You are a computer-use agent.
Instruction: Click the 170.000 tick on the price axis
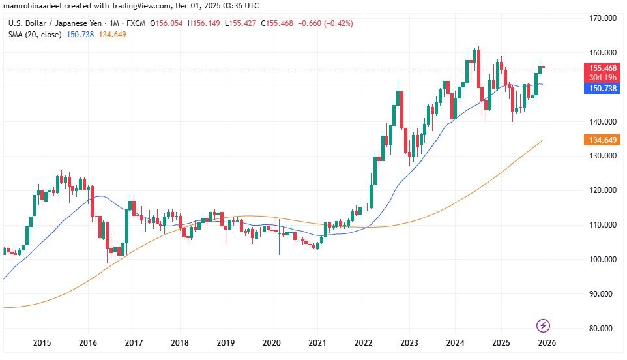pos(603,18)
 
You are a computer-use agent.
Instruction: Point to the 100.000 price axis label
pos(603,260)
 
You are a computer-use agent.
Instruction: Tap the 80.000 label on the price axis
pos(603,329)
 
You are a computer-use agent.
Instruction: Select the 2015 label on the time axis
pos(42,343)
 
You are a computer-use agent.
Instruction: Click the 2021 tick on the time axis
pos(317,343)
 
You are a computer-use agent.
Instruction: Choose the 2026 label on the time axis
pos(547,343)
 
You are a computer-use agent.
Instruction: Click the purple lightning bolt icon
pos(543,325)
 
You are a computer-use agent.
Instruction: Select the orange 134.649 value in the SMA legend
pos(111,34)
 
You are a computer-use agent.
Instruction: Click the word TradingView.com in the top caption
pos(139,7)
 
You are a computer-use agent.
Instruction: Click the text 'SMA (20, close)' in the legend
pos(35,34)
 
